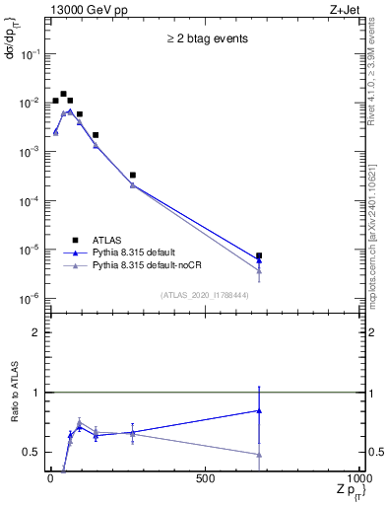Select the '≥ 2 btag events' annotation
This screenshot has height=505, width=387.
coord(207,38)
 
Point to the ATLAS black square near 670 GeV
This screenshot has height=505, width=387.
coord(259,255)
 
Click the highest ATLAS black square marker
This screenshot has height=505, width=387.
coord(63,95)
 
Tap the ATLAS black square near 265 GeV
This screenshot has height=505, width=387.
coord(133,175)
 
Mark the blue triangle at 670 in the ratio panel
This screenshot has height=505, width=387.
coord(259,410)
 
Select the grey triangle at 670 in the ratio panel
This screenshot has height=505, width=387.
coord(259,455)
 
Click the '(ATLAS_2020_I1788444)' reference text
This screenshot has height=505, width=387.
coord(205,295)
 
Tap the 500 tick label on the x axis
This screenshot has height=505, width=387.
coord(205,478)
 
